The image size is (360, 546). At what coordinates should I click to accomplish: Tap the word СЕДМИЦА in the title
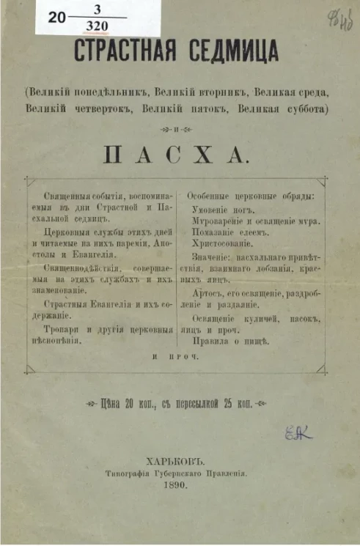(232, 51)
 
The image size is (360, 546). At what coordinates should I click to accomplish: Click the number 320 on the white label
(98, 26)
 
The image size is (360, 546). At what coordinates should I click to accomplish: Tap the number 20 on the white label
(56, 21)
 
